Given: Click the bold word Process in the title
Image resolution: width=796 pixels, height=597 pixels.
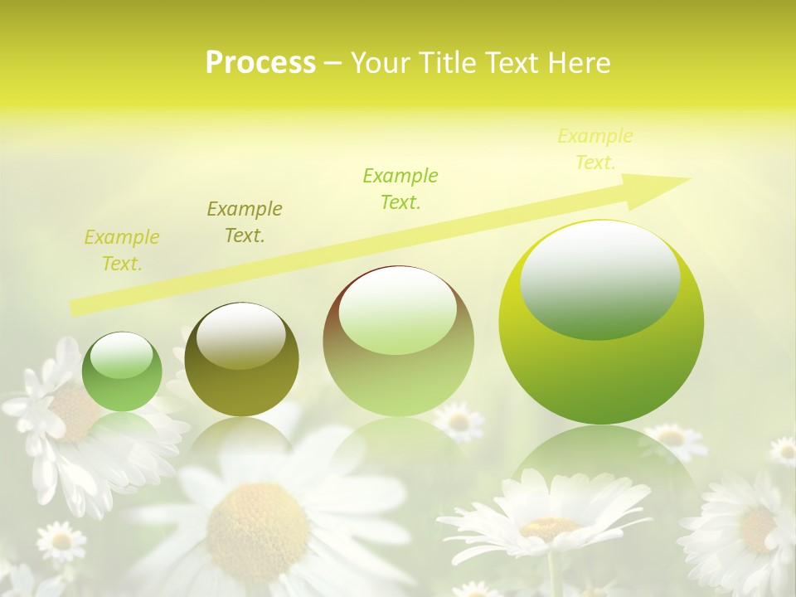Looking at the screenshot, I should (260, 63).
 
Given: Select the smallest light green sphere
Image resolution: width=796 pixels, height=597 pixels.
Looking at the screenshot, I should (122, 371).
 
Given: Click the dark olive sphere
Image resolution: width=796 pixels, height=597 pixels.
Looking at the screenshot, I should (241, 360).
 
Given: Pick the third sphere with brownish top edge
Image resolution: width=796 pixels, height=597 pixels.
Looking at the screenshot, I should (398, 342).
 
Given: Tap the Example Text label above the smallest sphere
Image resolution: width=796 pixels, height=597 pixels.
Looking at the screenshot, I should (122, 250).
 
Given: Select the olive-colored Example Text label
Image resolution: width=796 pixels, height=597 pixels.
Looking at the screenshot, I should (245, 221).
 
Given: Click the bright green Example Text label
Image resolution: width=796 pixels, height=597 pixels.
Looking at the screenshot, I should (400, 188).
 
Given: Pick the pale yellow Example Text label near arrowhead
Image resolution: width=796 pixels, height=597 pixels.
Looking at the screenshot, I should (595, 149).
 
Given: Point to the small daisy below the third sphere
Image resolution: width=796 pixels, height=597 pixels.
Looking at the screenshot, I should (459, 421).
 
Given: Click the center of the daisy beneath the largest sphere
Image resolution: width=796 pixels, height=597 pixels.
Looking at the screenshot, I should (549, 527).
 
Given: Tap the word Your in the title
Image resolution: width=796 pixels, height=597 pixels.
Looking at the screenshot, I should (378, 63).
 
